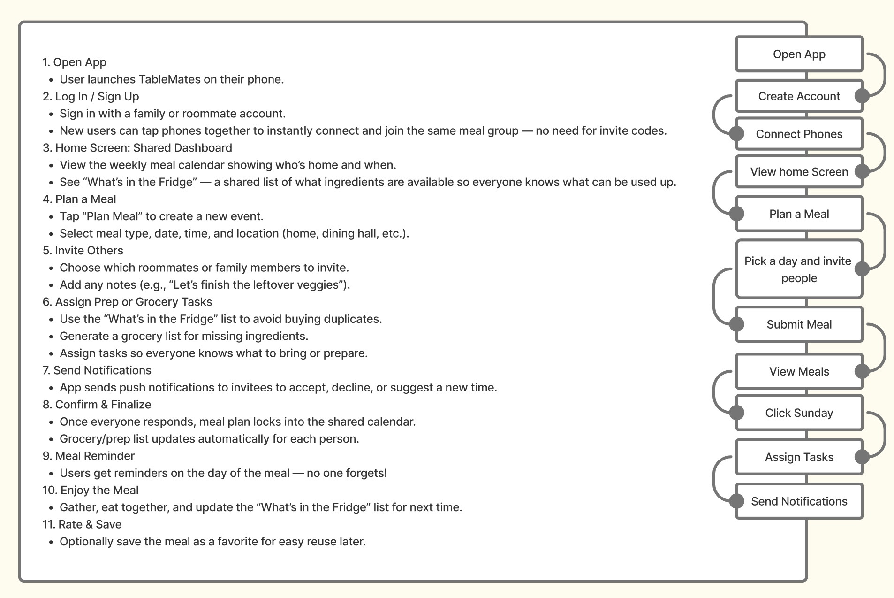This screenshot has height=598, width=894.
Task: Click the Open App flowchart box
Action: [x=799, y=54]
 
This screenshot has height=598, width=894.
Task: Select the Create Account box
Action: [x=799, y=96]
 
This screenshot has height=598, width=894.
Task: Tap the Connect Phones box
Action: [x=799, y=134]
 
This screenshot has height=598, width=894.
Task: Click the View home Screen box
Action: [x=799, y=172]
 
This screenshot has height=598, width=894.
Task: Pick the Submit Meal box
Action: [x=799, y=324]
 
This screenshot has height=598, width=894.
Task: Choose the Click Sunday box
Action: [x=799, y=413]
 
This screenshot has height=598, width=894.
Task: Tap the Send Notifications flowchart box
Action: [x=799, y=501]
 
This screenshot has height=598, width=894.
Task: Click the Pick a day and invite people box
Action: [x=799, y=269]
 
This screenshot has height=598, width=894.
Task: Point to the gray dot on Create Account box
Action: [x=862, y=96]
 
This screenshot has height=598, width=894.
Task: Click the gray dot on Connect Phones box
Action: [x=737, y=134]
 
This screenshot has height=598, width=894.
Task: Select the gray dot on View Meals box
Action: [x=862, y=371]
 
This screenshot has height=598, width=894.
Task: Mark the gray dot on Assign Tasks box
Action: [x=862, y=457]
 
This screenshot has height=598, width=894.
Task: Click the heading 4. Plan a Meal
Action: [x=79, y=199]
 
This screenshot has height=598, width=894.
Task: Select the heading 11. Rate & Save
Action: [x=82, y=524]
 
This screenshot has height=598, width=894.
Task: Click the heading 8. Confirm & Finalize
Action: [x=97, y=405]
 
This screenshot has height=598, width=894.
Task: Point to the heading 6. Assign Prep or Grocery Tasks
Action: [x=127, y=302]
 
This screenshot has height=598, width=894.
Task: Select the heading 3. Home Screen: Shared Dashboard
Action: [x=137, y=148]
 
